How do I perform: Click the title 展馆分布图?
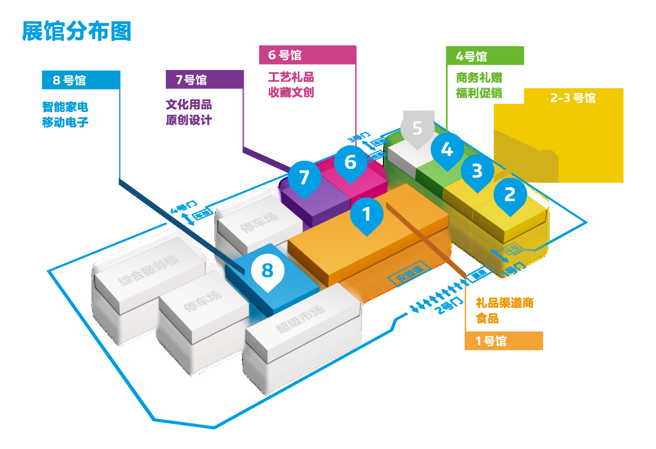pos(77,31)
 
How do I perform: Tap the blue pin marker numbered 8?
pos(268,271)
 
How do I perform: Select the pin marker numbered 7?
pos(304,178)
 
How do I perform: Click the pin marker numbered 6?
pos(350,162)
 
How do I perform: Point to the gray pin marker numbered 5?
pos(417,129)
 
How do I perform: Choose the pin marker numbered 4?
pos(447,150)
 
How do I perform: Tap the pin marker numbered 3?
pos(477,171)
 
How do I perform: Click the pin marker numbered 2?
pos(510,195)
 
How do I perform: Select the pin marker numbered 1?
pos(366,215)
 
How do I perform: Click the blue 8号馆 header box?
pos(81,80)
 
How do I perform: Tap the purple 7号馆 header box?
pos(204,80)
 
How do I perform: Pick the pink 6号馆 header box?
pos(307,55)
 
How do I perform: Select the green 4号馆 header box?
pos(485,56)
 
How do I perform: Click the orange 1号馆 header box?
pos(503,341)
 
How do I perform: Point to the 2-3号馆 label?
pos(573,98)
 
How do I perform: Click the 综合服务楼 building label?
pos(149,270)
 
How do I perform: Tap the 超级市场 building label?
pos(300,319)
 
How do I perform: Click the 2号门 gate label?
pos(449,305)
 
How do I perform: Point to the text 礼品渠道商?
pos(504,303)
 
